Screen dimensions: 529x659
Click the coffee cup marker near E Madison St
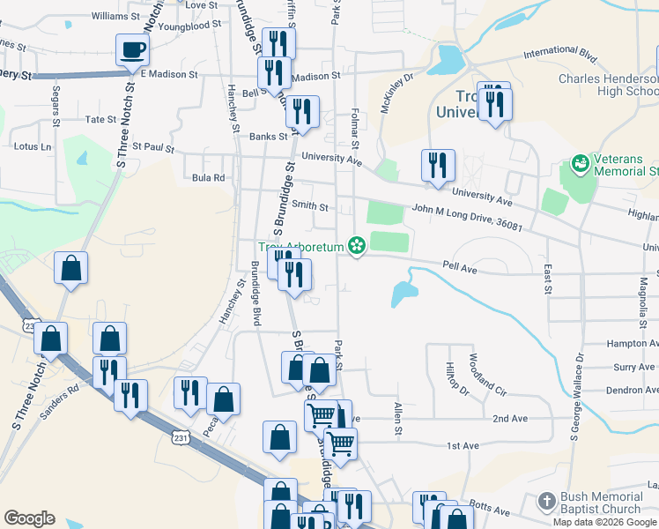point(132,50)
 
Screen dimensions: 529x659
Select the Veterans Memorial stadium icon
point(580,163)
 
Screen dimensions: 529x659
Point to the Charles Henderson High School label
point(608,85)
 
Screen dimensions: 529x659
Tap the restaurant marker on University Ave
point(437,167)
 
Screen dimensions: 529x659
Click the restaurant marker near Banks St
point(302,114)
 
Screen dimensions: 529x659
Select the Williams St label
point(115,16)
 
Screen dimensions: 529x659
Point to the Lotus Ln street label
point(33,146)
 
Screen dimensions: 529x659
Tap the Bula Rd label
point(209,177)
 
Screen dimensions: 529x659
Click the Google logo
point(29,518)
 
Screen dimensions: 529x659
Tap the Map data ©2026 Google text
point(603,522)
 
